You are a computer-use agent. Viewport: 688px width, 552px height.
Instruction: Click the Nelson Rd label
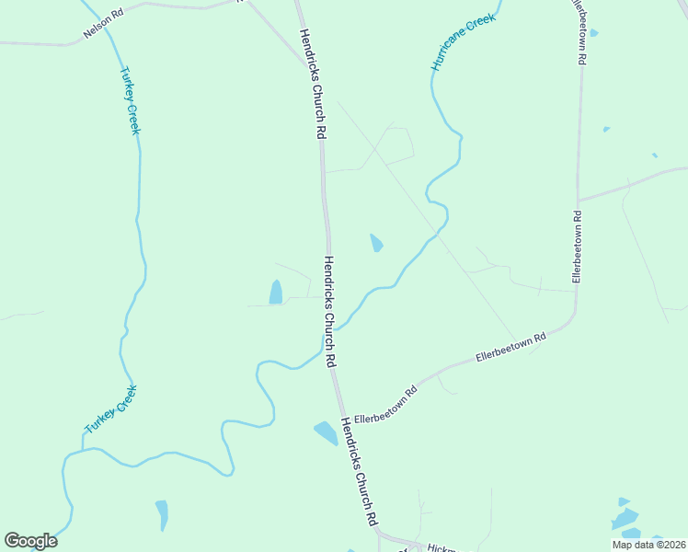pos(102,22)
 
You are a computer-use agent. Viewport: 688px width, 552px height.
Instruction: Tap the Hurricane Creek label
pos(464,42)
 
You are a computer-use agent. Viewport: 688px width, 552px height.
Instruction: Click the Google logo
pos(30,541)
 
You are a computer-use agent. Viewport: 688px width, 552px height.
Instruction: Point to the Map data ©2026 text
pos(648,545)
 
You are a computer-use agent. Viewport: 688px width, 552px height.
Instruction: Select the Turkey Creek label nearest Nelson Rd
pos(130,100)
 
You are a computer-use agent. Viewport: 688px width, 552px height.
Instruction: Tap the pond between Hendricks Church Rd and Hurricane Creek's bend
pos(376,243)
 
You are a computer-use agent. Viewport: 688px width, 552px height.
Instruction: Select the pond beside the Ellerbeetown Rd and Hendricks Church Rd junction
pos(326,432)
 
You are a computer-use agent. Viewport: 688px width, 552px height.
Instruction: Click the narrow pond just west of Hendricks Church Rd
pos(276,292)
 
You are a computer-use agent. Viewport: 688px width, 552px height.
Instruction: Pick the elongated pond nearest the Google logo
pos(162,515)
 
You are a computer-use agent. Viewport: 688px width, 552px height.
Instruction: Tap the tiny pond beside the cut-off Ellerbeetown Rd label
pos(593,33)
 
